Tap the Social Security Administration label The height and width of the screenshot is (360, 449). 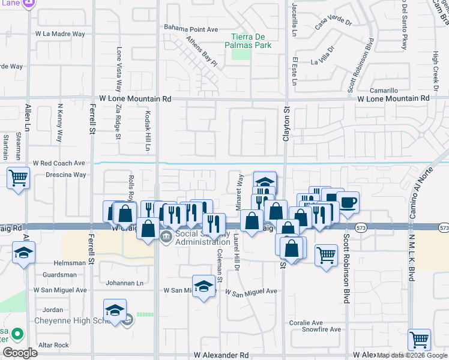[x=199, y=237]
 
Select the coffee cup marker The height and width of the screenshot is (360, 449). [x=348, y=202]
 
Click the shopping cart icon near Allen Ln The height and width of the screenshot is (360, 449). [x=19, y=178]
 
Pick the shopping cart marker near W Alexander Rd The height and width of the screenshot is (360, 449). [x=419, y=339]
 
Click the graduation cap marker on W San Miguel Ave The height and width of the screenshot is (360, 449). [x=203, y=286]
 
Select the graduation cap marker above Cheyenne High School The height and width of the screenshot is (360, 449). [x=114, y=310]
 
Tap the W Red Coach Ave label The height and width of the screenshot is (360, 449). [x=59, y=163]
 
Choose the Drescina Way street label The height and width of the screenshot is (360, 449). [x=65, y=175]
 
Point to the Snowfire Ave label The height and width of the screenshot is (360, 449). [x=321, y=329]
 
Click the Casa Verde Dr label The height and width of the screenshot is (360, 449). [x=334, y=23]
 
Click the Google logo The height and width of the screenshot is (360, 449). [x=20, y=353]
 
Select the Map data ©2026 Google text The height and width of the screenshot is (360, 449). [x=412, y=355]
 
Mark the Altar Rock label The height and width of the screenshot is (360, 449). [x=53, y=345]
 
